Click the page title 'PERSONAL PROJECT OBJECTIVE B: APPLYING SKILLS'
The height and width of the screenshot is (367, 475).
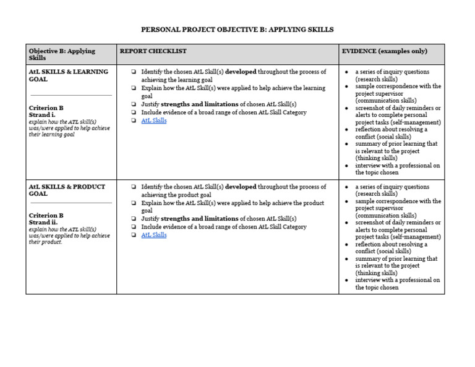point(237,29)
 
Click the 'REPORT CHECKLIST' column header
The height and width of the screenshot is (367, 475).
point(153,51)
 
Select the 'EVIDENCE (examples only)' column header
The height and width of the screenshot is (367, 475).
point(384,51)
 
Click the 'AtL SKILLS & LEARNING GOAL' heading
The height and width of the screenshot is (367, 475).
point(68,75)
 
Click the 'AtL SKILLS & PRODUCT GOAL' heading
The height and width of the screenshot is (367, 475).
point(67,190)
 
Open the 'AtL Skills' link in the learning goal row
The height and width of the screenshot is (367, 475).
point(153,121)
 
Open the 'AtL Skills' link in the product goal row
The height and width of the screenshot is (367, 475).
point(153,235)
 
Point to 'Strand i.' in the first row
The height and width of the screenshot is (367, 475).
point(42,115)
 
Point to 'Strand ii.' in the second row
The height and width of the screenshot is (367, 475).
point(43,222)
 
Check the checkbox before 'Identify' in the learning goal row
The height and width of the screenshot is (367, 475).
point(134,72)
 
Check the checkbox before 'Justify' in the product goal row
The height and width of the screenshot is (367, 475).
point(134,219)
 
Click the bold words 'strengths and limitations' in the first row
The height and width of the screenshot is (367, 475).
point(200,104)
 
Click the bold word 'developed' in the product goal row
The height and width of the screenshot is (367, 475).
point(241,187)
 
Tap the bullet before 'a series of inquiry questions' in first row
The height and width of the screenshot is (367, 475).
point(347,72)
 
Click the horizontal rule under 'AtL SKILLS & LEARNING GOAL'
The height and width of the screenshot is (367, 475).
point(71,95)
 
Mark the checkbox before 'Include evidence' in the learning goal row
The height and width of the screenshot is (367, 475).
point(134,113)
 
